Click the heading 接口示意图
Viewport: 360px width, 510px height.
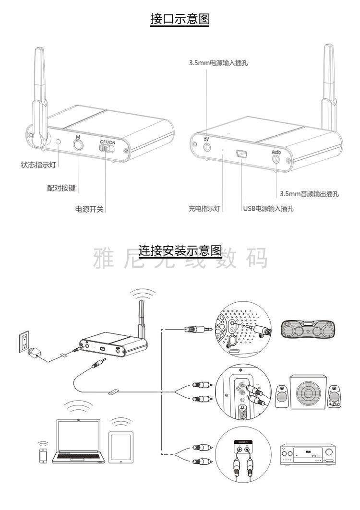point(180,19)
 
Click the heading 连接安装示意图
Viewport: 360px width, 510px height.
point(180,250)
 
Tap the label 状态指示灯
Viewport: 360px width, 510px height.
point(39,165)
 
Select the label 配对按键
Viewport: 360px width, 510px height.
point(61,188)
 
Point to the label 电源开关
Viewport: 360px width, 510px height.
point(90,209)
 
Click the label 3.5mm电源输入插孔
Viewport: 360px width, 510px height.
point(218,63)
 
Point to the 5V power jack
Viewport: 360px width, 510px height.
point(207,146)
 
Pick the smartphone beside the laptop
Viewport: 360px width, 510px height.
point(44,455)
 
